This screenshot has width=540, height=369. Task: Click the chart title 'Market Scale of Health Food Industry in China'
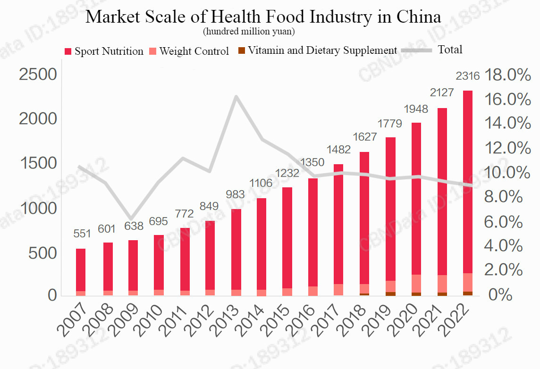click(263, 17)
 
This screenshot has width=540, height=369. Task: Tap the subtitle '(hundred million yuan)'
click(249, 32)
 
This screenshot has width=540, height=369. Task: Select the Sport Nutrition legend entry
click(104, 51)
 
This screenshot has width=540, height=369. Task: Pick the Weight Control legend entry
click(189, 51)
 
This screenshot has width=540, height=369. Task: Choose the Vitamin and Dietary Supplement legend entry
click(318, 50)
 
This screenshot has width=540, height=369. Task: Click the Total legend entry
click(432, 50)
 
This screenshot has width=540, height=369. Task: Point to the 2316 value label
click(467, 75)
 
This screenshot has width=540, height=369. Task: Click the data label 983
click(235, 194)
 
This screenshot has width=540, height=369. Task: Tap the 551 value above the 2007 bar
click(82, 234)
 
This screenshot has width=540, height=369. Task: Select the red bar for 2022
click(468, 182)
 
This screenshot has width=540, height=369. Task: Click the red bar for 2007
click(81, 270)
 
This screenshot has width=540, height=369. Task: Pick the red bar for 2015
click(287, 238)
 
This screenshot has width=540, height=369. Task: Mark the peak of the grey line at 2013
click(236, 97)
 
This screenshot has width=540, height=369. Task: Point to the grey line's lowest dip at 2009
click(131, 218)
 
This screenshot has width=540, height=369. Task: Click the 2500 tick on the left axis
click(38, 75)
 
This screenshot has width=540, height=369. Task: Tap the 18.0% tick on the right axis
click(507, 75)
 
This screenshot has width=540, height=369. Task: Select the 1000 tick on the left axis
click(39, 209)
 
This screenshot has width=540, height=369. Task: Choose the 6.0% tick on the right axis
click(504, 222)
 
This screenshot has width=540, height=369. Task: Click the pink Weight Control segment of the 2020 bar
click(416, 284)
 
